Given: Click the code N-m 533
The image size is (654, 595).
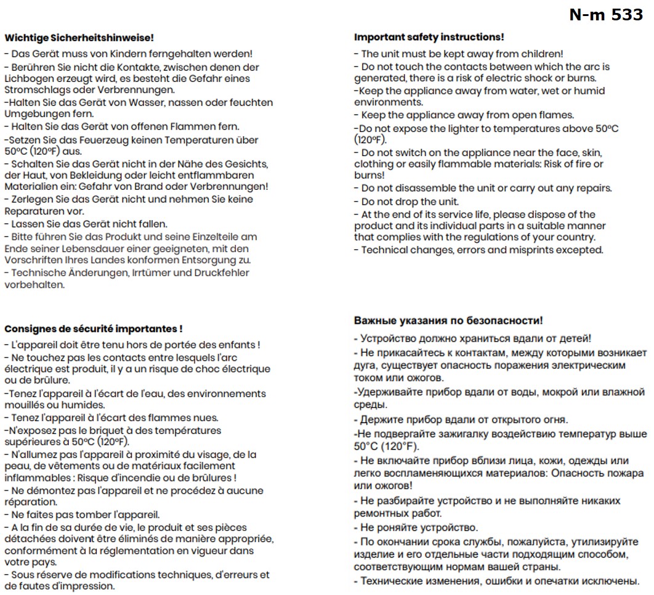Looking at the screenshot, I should [x=606, y=15].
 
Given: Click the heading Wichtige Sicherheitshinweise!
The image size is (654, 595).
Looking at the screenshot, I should [x=79, y=38].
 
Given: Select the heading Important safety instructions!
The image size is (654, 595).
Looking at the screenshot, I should [x=429, y=38].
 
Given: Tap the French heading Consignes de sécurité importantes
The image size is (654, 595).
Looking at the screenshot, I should [x=93, y=329].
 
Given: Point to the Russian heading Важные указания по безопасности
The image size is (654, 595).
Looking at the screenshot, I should [x=448, y=321].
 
